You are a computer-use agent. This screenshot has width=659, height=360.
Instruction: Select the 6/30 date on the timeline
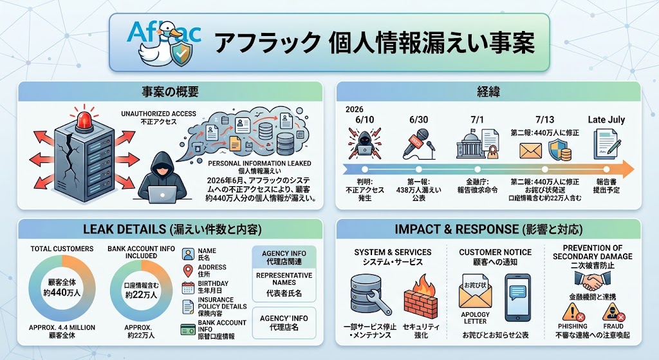click(418, 120)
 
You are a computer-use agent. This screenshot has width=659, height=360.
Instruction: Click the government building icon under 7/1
click(470, 146)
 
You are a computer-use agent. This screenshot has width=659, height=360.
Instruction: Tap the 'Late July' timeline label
click(606, 119)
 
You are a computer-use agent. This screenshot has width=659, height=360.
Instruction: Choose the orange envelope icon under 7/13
click(530, 150)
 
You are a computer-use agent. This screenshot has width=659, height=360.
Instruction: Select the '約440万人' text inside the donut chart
click(62, 292)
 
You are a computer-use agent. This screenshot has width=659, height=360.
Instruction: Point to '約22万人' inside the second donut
click(141, 295)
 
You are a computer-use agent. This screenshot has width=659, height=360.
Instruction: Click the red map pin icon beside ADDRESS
click(188, 271)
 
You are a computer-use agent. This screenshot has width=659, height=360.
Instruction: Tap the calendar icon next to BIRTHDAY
click(188, 288)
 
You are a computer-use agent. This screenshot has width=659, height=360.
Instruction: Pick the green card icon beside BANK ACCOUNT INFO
click(188, 330)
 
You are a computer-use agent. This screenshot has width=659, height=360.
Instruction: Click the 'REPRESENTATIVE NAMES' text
click(284, 279)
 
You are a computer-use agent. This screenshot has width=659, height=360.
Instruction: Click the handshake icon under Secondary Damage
click(592, 281)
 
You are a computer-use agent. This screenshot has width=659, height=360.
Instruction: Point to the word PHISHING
click(573, 327)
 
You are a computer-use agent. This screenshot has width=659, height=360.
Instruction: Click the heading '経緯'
click(488, 91)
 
